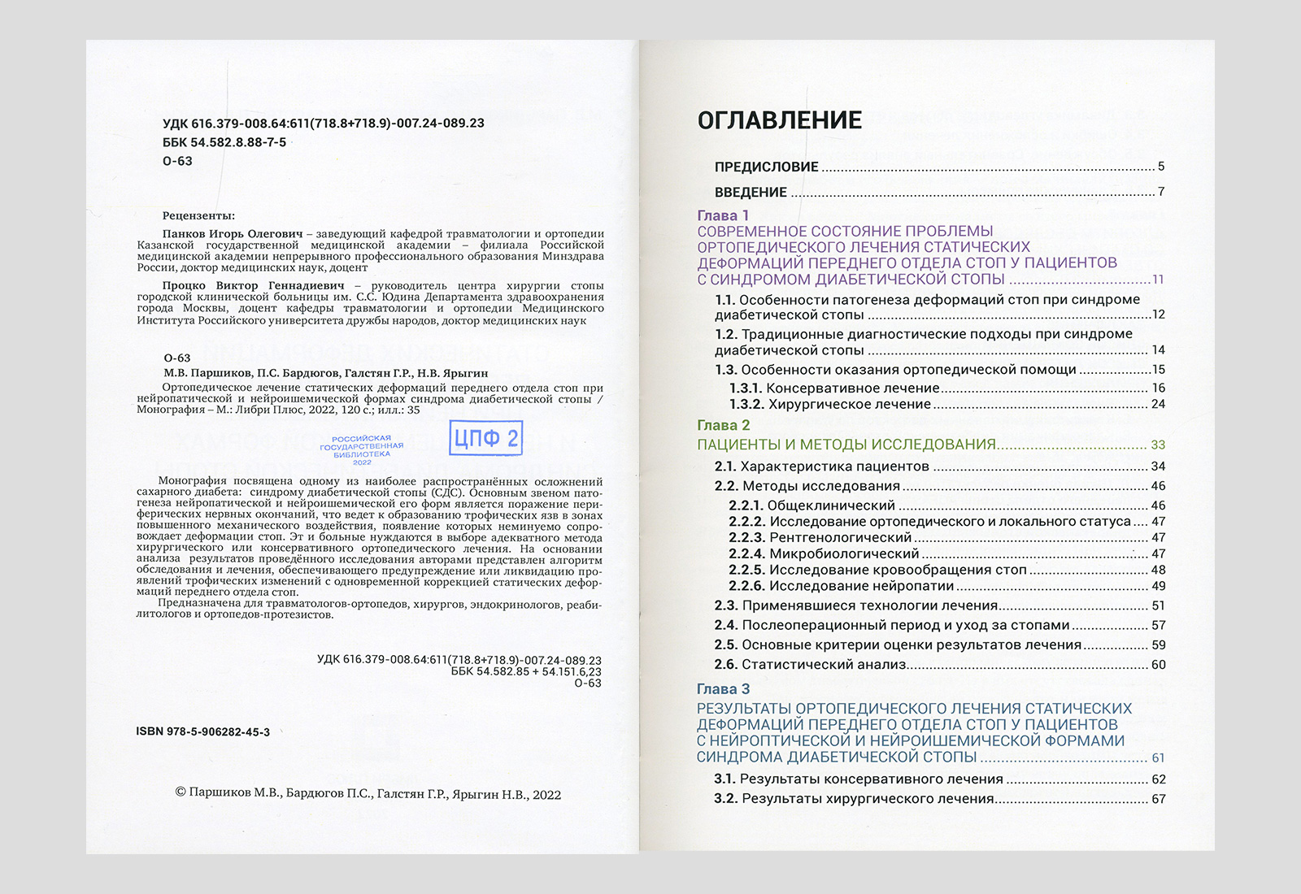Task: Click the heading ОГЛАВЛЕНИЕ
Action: click(779, 120)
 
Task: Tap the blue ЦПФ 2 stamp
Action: click(485, 439)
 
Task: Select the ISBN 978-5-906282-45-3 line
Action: click(203, 731)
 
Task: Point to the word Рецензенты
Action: click(198, 215)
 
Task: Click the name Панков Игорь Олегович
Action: click(232, 234)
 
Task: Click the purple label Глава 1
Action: click(723, 215)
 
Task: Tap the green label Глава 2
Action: click(723, 425)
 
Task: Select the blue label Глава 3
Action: click(723, 689)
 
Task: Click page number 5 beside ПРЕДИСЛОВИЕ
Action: click(1161, 167)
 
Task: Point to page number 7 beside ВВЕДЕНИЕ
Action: click(1161, 192)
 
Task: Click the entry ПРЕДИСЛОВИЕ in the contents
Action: click(766, 167)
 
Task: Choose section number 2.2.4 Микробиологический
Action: click(746, 554)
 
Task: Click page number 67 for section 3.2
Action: click(1159, 799)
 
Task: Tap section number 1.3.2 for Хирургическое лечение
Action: click(745, 405)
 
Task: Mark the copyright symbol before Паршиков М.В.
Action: click(181, 792)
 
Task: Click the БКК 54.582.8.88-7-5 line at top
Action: click(224, 142)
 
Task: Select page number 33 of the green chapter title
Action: click(1158, 445)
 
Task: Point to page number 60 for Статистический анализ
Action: click(1159, 665)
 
